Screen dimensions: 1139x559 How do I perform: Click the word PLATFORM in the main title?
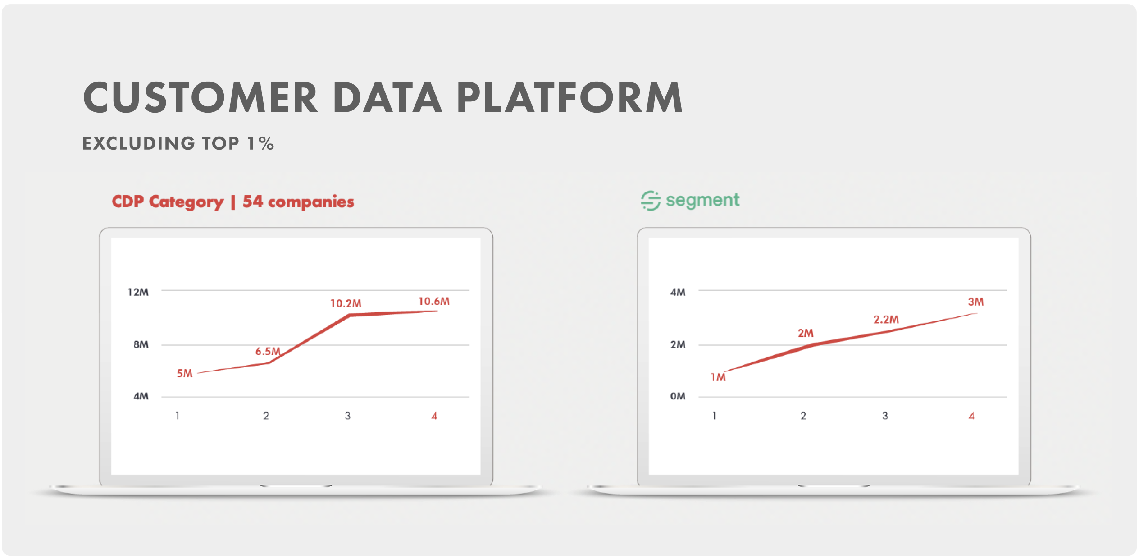click(x=570, y=97)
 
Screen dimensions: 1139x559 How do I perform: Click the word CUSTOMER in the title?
click(x=200, y=97)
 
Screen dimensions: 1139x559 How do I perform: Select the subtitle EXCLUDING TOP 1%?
click(x=178, y=143)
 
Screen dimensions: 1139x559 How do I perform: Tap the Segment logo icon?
click(x=651, y=201)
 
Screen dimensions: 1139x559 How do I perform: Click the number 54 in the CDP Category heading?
click(x=252, y=202)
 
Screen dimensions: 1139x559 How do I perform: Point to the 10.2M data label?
click(x=346, y=303)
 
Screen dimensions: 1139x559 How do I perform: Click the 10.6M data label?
click(x=434, y=301)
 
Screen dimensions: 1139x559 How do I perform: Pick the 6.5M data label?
click(x=268, y=351)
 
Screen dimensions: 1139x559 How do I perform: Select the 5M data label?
click(x=184, y=373)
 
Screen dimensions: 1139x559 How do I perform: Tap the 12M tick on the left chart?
click(x=138, y=292)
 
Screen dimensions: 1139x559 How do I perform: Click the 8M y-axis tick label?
click(x=141, y=344)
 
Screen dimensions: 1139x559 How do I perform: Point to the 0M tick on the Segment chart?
click(x=678, y=396)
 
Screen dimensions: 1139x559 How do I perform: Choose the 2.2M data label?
click(x=886, y=320)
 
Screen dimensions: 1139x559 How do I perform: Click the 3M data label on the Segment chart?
click(x=976, y=302)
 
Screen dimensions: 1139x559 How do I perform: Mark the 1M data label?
click(x=718, y=377)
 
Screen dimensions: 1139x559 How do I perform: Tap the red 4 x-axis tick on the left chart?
click(x=434, y=416)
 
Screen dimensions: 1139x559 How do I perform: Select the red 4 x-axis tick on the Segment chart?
click(x=971, y=416)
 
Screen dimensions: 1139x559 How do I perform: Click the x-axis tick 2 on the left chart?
click(x=266, y=416)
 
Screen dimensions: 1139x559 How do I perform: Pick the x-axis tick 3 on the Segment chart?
click(x=885, y=416)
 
